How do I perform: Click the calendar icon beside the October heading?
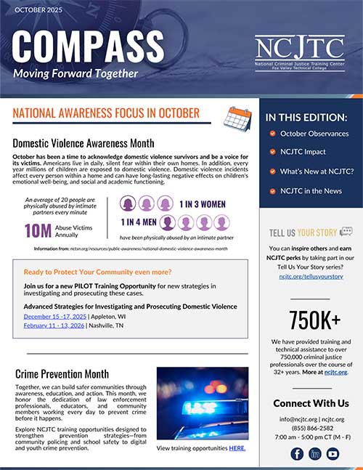[x=237, y=116]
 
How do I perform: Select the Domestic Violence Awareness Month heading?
[x=86, y=142]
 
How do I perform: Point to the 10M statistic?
[x=37, y=230]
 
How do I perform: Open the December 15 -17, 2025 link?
[x=54, y=317]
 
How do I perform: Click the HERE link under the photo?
[x=237, y=448]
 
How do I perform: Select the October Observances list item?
[x=314, y=134]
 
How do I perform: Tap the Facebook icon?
[x=296, y=454]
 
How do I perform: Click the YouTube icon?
[x=332, y=454]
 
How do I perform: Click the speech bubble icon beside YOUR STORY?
[x=346, y=232]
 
